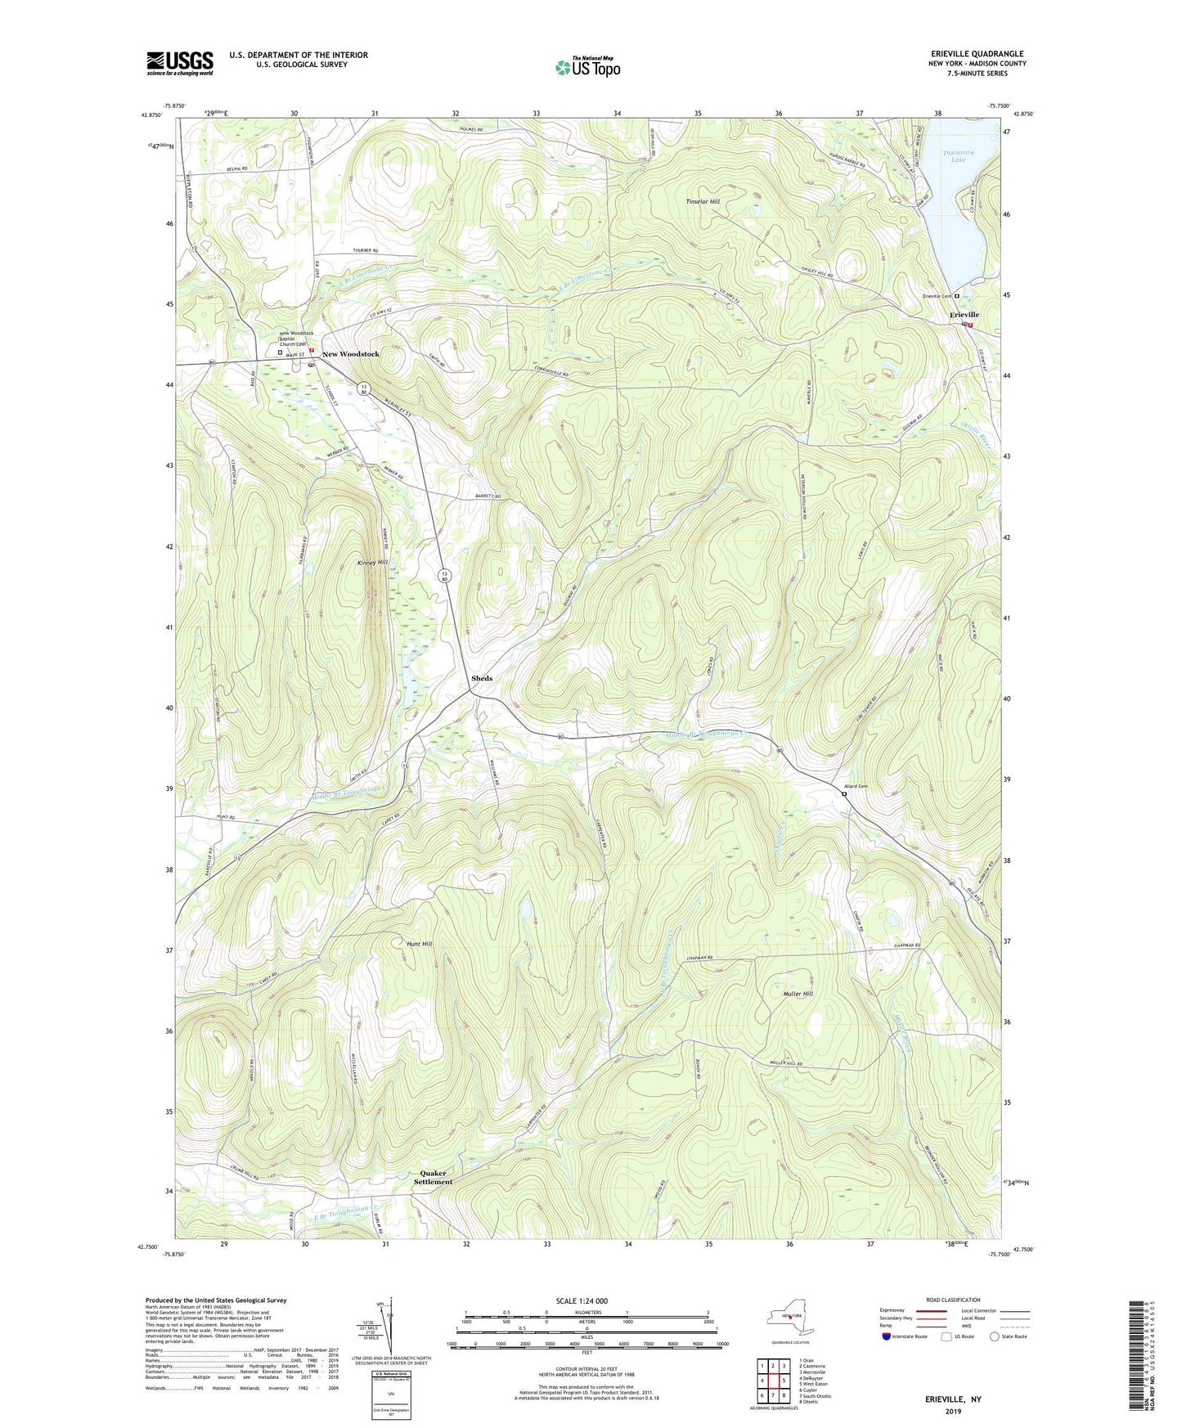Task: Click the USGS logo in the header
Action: click(180, 62)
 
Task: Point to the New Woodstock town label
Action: click(350, 354)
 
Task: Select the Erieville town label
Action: click(964, 315)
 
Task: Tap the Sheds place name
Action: click(482, 678)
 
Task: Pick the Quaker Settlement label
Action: click(432, 1178)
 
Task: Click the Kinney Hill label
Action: click(372, 563)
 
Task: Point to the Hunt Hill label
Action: click(419, 944)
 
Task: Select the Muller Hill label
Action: click(798, 994)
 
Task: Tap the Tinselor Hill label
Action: click(702, 202)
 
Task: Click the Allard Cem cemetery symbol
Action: click(843, 793)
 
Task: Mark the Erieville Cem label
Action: click(937, 296)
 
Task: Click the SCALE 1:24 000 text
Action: click(586, 1301)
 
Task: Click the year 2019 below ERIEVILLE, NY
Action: click(953, 1411)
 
